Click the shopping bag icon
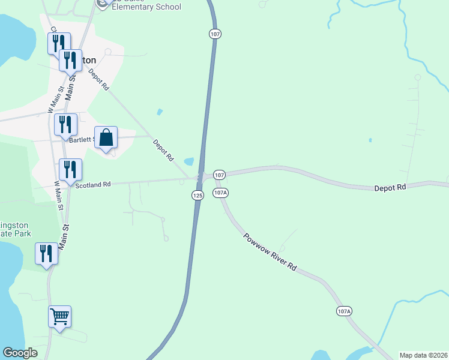point(106,137)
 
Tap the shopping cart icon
point(59,316)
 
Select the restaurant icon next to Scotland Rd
point(70,170)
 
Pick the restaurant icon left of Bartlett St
point(65,125)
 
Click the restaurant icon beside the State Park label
point(46,253)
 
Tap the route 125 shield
point(198,195)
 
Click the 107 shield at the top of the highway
point(214,34)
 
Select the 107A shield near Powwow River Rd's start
point(221,193)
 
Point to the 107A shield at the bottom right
point(343,311)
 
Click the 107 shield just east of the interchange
point(219,175)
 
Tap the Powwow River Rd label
point(270,251)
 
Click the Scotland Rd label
point(93,185)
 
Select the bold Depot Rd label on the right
point(390,188)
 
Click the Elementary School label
point(146,8)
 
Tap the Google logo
point(20,353)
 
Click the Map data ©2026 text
point(423,355)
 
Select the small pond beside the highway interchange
point(189,161)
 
